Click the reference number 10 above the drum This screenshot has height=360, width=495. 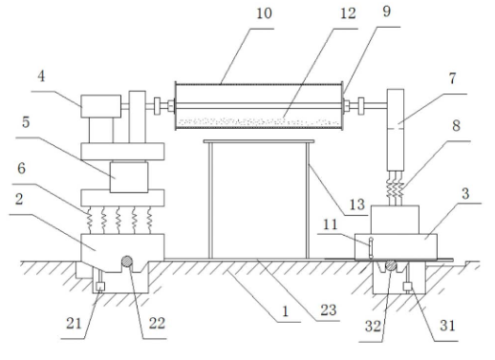[x=264, y=13]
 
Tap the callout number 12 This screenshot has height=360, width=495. [x=348, y=13]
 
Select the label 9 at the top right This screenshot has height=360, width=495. [x=386, y=11]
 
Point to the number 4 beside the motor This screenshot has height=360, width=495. [x=41, y=76]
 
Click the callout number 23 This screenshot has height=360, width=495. [x=329, y=310]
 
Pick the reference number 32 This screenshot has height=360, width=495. [x=373, y=326]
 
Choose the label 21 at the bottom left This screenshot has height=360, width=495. [x=74, y=324]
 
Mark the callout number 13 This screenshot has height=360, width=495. [x=356, y=204]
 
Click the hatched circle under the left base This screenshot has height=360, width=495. [x=127, y=262]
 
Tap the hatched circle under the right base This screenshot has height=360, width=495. [x=391, y=265]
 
